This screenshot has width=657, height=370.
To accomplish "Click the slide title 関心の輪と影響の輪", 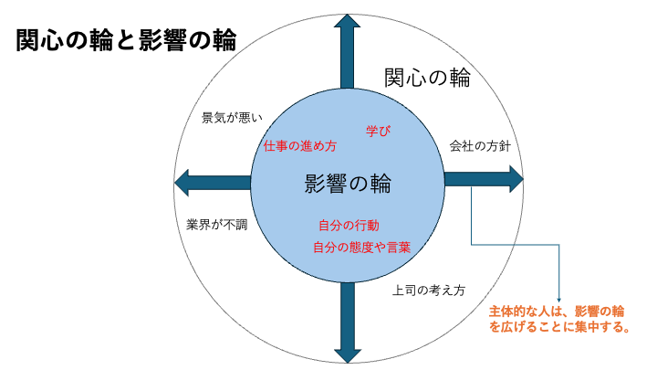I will [127, 40].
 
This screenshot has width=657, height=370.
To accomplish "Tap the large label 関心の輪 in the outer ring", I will [427, 78].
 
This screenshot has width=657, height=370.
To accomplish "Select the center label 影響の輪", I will [348, 184].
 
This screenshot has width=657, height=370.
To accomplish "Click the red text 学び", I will [378, 132].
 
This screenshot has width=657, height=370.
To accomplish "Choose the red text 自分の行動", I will [349, 225].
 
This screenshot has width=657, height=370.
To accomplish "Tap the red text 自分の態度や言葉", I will [361, 247].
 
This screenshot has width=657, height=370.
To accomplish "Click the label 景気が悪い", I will [232, 117].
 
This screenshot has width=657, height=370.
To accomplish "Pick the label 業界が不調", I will [216, 224].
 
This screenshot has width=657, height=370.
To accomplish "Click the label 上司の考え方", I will [429, 291].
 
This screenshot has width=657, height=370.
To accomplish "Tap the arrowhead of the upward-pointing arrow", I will [349, 22].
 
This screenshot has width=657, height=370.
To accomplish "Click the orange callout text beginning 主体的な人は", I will [557, 311].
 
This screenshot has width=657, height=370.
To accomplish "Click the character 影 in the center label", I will [315, 184].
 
